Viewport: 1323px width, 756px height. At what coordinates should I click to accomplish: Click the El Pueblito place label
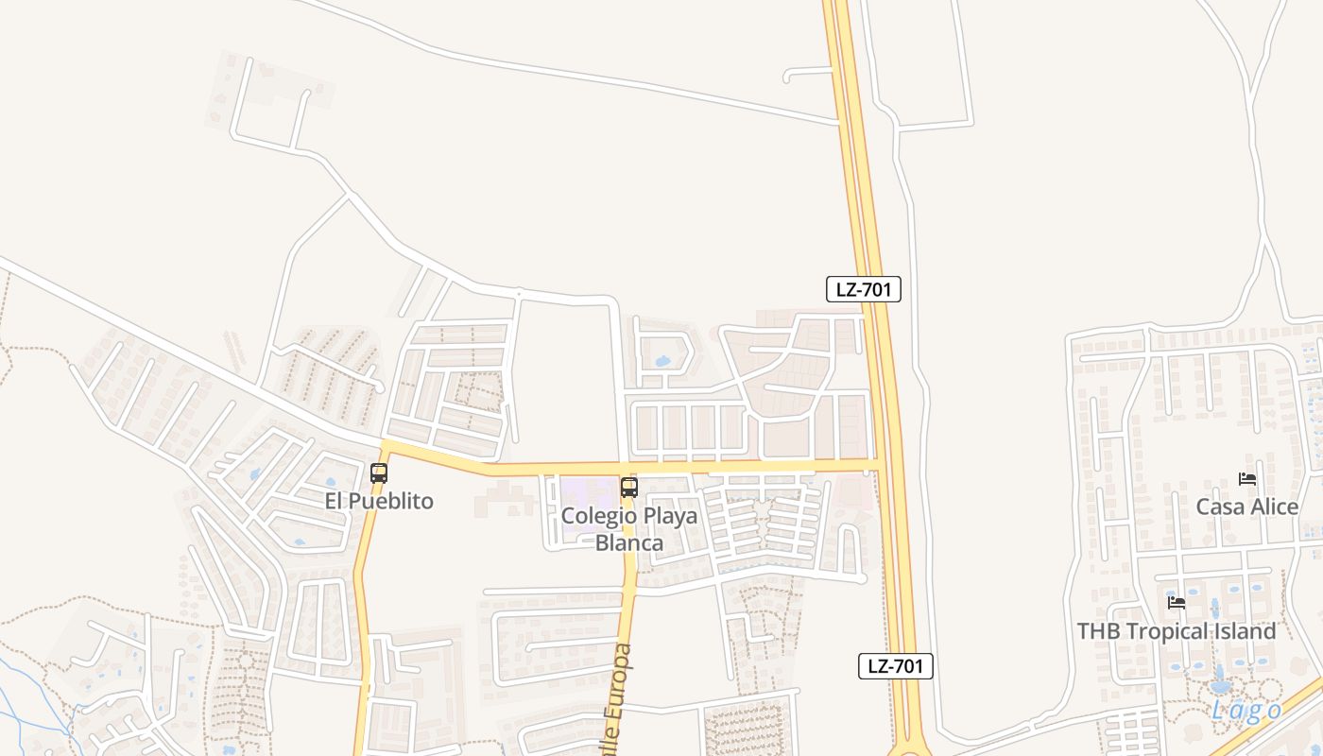pyautogui.click(x=379, y=501)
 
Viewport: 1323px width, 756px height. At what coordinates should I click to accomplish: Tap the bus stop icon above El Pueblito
pyautogui.click(x=379, y=473)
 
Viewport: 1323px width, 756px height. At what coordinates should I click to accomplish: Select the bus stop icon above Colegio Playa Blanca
pyautogui.click(x=628, y=488)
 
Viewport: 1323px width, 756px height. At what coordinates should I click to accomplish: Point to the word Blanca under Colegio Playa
pyautogui.click(x=628, y=543)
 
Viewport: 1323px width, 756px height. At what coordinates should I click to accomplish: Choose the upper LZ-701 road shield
pyautogui.click(x=864, y=289)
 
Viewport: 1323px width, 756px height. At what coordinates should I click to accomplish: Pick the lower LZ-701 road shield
pyautogui.click(x=896, y=665)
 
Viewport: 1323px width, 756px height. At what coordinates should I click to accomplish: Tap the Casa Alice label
pyautogui.click(x=1246, y=507)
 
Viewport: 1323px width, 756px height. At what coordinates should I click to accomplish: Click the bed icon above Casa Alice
pyautogui.click(x=1247, y=479)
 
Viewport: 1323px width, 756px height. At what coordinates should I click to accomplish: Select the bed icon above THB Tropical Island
pyautogui.click(x=1177, y=602)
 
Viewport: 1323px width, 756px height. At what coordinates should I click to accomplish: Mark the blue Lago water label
pyautogui.click(x=1246, y=711)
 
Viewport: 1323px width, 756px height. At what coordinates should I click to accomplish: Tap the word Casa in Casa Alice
pyautogui.click(x=1219, y=507)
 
